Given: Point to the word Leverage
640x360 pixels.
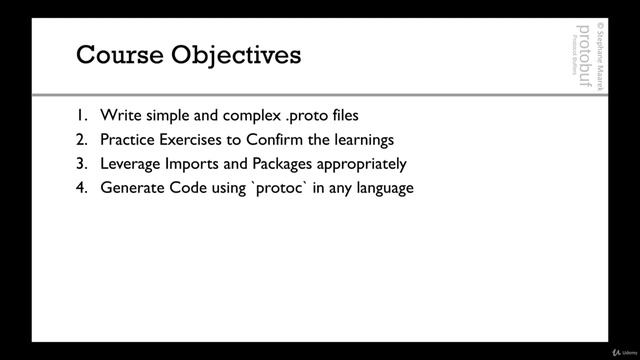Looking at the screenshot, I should click(x=132, y=163).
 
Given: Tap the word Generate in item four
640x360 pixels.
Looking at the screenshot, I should click(x=133, y=187).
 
